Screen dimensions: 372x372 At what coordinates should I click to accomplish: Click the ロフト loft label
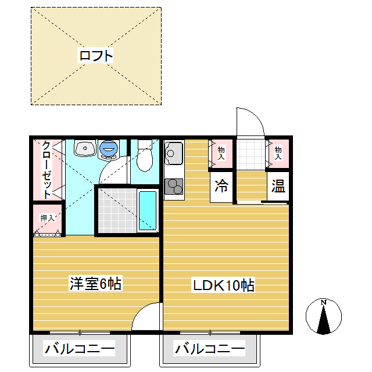pos(95,56)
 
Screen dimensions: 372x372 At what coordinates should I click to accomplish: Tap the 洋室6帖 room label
pos(95,284)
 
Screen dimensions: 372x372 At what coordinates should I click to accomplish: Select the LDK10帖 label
pos(224,285)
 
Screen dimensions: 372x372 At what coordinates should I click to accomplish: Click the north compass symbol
pos(323,316)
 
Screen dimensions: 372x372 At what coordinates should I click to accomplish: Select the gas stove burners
pos(174,186)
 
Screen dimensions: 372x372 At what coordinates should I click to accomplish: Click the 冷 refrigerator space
pos(221,187)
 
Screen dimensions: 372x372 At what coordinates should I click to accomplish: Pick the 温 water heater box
pos(278,187)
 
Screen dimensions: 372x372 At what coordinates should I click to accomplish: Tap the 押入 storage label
pos(46,218)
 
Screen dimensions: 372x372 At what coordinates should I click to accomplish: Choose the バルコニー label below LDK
pos(210,349)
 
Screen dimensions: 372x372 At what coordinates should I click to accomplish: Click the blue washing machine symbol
pos(109,149)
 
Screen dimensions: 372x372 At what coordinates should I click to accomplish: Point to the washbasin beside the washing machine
pos(85,149)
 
